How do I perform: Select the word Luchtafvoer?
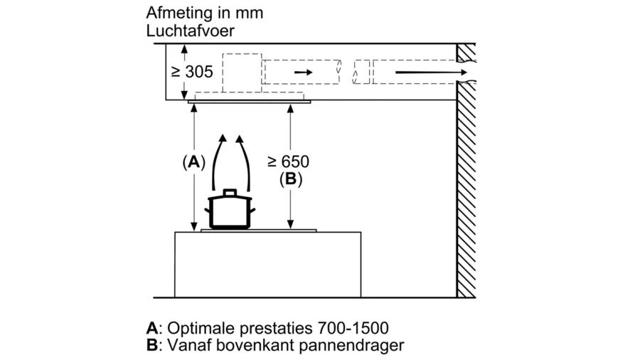pyautogui.click(x=190, y=31)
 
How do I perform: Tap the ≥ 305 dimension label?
pyautogui.click(x=192, y=72)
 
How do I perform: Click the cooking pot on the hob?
pyautogui.click(x=228, y=211)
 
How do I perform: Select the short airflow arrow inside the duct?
pyautogui.click(x=302, y=73)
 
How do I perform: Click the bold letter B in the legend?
pyautogui.click(x=150, y=346)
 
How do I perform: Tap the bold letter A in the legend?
pyautogui.click(x=150, y=329)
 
